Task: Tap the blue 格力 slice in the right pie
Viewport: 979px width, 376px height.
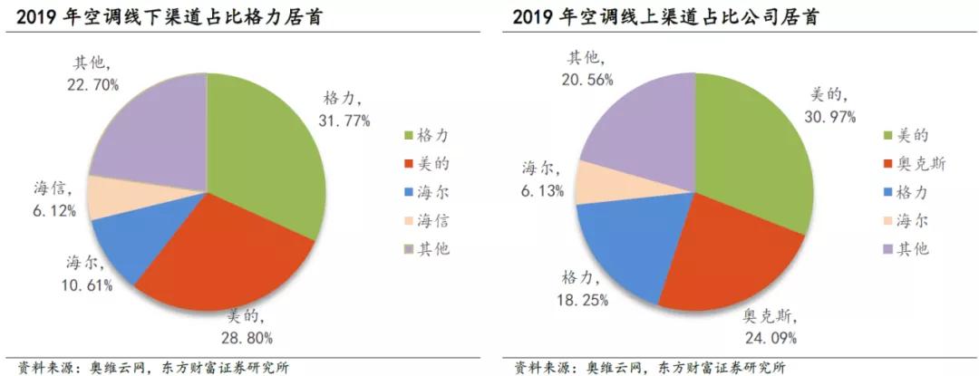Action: pyautogui.click(x=625, y=245)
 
